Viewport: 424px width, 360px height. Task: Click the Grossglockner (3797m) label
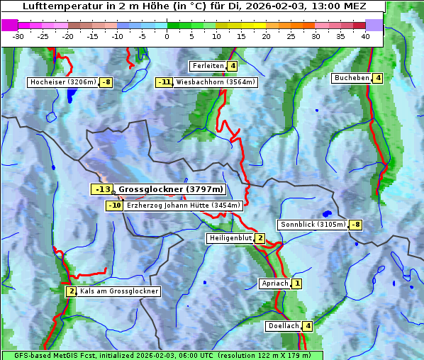point(170,189)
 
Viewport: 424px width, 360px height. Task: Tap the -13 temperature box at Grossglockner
point(101,189)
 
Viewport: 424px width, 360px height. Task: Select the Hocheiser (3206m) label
point(62,82)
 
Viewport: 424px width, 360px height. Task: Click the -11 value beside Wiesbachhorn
point(164,82)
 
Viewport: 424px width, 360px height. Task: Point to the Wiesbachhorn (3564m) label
point(216,82)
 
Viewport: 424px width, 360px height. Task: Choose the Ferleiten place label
point(208,66)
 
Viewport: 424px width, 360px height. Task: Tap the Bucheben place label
point(352,78)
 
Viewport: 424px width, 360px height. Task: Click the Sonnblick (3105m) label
point(313,225)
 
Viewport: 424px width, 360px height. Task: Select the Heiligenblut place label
point(230,238)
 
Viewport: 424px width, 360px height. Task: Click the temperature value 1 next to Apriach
point(296,283)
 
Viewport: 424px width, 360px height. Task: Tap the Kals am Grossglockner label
point(118,291)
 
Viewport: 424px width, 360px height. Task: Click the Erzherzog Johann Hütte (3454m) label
point(184,206)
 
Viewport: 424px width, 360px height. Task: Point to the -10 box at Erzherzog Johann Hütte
point(114,206)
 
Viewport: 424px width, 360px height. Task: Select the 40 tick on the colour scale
point(365,36)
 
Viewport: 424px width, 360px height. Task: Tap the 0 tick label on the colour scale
point(167,36)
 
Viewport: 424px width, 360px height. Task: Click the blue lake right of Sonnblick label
point(326,213)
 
